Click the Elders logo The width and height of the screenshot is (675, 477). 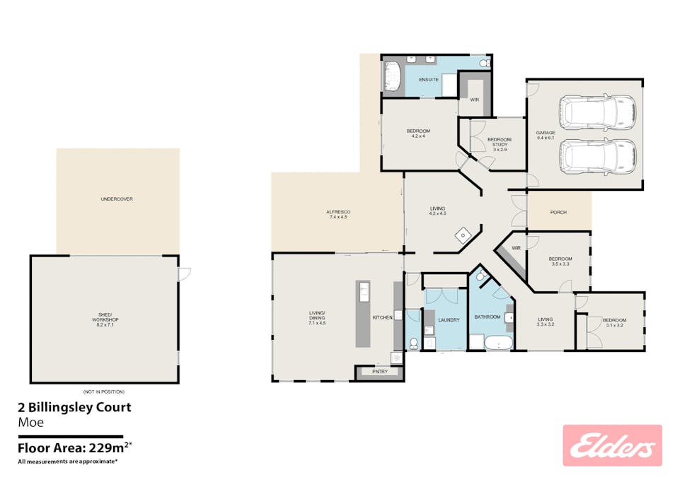[612, 445]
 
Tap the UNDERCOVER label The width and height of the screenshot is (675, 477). [117, 199]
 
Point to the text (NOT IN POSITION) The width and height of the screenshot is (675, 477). [103, 391]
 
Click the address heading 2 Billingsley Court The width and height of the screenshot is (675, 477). [74, 407]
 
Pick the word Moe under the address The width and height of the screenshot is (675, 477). [30, 423]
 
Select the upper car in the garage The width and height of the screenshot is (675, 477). [598, 111]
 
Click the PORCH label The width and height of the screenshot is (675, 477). [558, 212]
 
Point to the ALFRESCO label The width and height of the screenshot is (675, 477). [338, 214]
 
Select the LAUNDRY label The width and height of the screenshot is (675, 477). [449, 320]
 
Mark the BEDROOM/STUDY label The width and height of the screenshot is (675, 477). [499, 144]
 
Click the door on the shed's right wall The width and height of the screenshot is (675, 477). [183, 273]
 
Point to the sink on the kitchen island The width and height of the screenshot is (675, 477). [363, 291]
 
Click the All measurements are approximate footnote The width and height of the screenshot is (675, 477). [68, 461]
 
